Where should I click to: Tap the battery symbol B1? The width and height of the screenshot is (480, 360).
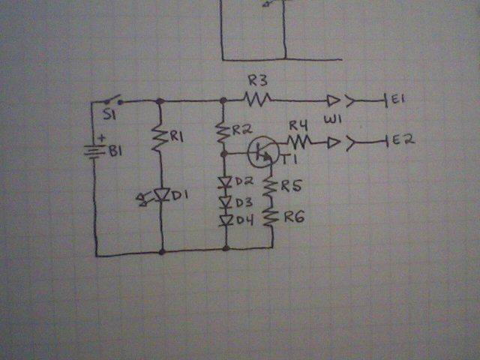[x=94, y=152]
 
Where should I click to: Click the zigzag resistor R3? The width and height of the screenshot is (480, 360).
[x=257, y=99]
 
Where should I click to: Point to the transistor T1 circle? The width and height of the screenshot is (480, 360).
[x=263, y=151]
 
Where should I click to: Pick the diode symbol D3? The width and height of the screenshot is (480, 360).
[x=226, y=202]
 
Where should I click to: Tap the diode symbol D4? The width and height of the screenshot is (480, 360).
[x=226, y=220]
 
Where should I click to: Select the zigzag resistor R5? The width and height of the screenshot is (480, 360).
[x=271, y=186]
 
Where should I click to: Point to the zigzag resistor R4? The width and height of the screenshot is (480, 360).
[x=298, y=142]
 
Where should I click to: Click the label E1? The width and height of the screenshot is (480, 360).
[x=398, y=98]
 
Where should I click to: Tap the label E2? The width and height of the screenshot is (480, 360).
[x=403, y=140]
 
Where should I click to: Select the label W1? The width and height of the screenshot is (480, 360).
[x=332, y=119]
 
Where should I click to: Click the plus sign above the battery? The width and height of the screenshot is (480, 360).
[x=101, y=138]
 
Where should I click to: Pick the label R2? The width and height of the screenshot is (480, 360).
[x=242, y=130]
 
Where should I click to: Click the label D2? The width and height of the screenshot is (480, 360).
[x=244, y=181]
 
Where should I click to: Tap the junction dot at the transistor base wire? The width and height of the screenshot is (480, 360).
[x=224, y=154]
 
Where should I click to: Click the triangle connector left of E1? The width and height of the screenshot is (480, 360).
[x=333, y=100]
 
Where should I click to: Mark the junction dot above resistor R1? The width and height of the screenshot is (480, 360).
[x=160, y=101]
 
